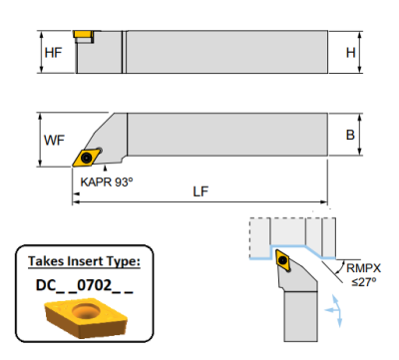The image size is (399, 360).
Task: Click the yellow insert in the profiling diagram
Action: (x=284, y=264)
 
